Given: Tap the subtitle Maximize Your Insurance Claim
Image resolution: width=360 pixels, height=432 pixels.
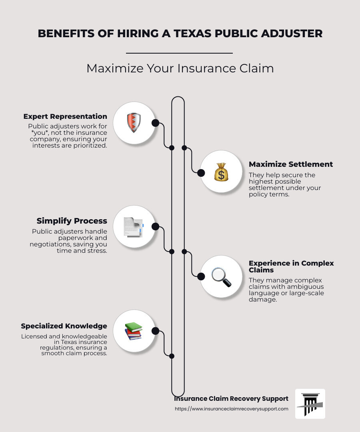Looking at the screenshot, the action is (180, 68).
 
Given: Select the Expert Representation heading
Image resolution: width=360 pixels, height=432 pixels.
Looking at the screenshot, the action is (65, 116).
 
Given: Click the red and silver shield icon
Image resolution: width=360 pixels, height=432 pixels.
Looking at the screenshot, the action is (134, 123).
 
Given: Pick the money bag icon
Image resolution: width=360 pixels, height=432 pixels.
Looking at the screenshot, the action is (221, 172).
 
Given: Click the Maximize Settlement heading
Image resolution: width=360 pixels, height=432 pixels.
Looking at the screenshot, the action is (291, 164).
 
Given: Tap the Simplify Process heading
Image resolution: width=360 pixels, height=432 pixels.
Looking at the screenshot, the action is (72, 221).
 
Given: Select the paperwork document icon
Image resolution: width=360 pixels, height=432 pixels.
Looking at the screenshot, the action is (133, 227).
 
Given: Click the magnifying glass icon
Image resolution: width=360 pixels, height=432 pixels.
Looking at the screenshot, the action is (221, 276).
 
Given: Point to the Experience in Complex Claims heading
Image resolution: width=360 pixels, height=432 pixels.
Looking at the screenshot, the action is (291, 266).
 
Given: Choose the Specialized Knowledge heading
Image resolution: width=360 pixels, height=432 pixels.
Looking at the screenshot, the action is (64, 326).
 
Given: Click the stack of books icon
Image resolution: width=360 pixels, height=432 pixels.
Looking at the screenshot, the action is (133, 331).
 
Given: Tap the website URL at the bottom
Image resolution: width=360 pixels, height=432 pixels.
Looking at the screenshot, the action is (232, 409).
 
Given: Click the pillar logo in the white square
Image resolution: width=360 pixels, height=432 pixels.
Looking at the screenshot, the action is (310, 404).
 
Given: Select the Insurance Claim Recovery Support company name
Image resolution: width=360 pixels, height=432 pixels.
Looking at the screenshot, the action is (231, 399).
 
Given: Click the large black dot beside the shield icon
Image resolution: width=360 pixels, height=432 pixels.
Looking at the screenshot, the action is (155, 123).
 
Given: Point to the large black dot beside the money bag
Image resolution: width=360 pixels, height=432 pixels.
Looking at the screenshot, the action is (201, 173).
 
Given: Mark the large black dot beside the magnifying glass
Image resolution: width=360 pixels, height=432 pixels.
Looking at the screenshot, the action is (201, 276).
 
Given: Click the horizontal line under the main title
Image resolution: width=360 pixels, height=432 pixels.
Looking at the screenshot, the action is (179, 53).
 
